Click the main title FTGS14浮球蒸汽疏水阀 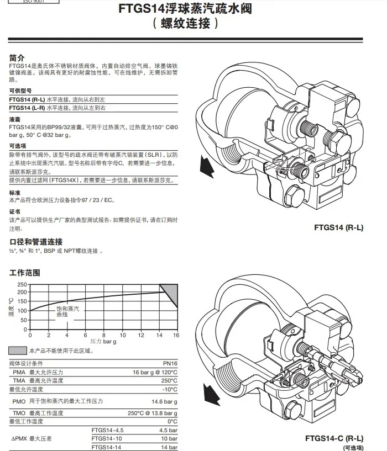pyautogui.click(x=185, y=9)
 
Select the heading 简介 pyautogui.click(x=17, y=58)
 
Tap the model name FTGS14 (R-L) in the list pyautogui.click(x=27, y=100)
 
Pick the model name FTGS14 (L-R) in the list pyautogui.click(x=27, y=108)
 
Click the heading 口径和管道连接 pyautogui.click(x=36, y=242)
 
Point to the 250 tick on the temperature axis pyautogui.click(x=22, y=284)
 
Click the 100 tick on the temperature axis pyautogui.click(x=22, y=311)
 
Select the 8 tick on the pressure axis pyautogui.click(x=104, y=335)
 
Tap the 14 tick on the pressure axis pyautogui.click(x=159, y=335)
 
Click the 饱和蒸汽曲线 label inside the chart pyautogui.click(x=67, y=311)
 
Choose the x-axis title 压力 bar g pyautogui.click(x=103, y=342)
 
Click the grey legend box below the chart pyautogui.click(x=18, y=351)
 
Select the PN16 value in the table pyautogui.click(x=170, y=364)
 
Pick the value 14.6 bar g pyautogui.click(x=164, y=401)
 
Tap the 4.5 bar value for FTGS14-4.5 pyautogui.click(x=168, y=430)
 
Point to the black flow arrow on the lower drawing pyautogui.click(x=212, y=394)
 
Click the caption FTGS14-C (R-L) pyautogui.click(x=334, y=439)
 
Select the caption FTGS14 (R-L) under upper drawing pyautogui.click(x=338, y=227)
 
